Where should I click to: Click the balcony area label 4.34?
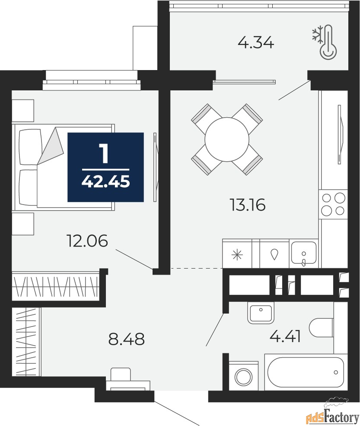point(256,43)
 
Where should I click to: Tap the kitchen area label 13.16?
point(247,205)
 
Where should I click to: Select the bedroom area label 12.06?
point(87,241)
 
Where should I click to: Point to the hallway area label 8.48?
point(127,339)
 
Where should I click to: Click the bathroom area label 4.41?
point(285,337)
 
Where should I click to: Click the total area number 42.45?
point(105,181)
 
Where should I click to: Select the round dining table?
point(227,139)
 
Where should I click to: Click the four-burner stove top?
point(333,204)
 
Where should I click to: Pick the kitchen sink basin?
point(304,253)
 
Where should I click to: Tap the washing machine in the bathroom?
point(244,376)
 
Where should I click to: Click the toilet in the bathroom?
point(321,327)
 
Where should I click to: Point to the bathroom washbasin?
point(261,314)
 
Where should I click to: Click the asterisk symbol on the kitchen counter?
point(237,255)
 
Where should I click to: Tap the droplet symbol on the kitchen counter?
point(274,254)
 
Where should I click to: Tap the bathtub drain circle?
point(336,372)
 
